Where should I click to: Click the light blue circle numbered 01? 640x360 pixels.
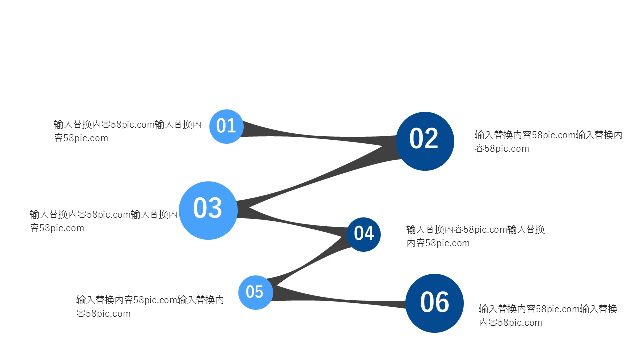(226, 126)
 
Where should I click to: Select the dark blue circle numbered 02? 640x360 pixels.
(425, 141)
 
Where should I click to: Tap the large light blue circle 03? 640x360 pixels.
(208, 210)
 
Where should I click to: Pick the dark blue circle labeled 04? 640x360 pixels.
(364, 234)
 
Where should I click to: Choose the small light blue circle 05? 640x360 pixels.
(255, 292)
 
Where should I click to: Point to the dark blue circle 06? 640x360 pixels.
(434, 303)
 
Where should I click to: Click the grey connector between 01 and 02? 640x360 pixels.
(320, 136)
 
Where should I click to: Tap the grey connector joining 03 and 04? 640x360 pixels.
(300, 223)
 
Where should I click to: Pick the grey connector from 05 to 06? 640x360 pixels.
(340, 300)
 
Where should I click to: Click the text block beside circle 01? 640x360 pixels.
(127, 131)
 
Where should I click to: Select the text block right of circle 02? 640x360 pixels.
(548, 141)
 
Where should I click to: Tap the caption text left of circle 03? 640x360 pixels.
(103, 221)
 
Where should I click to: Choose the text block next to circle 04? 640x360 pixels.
(475, 236)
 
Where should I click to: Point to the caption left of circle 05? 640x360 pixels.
(150, 306)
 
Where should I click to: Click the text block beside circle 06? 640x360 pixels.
(548, 315)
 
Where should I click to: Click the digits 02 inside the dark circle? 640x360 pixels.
(424, 139)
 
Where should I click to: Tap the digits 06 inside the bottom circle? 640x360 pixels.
(435, 303)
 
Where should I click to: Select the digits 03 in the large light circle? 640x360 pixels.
(207, 209)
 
